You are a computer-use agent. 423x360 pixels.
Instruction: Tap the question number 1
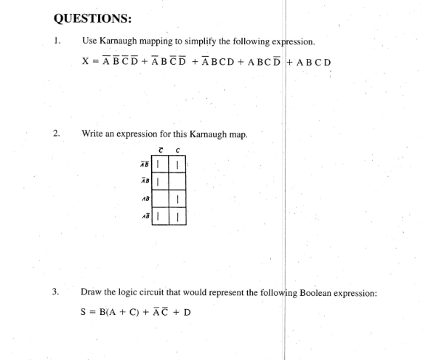coord(56,41)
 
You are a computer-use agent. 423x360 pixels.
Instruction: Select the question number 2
coord(56,134)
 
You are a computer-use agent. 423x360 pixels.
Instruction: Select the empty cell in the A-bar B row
coord(177,182)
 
